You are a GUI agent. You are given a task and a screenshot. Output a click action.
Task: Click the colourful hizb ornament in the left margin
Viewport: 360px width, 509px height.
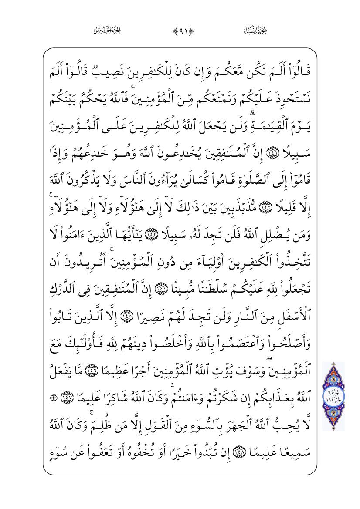coord(333,396)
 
